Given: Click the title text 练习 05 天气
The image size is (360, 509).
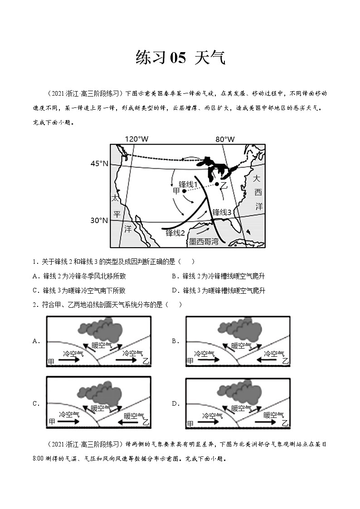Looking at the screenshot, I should [x=180, y=58].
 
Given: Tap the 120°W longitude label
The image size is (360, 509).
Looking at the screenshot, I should [x=137, y=139].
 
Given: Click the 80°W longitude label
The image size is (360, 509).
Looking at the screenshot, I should [x=225, y=139].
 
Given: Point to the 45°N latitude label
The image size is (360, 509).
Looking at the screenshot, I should [x=99, y=163].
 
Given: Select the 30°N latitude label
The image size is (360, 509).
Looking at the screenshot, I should [x=99, y=221].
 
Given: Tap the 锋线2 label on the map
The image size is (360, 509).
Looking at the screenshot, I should [x=175, y=233].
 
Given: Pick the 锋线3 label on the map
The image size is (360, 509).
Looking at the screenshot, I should [x=222, y=212].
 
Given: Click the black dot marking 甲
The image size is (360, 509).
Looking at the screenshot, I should [x=184, y=191].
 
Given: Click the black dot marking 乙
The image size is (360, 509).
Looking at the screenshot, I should [x=217, y=184].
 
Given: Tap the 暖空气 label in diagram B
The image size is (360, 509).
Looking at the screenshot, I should [x=241, y=345].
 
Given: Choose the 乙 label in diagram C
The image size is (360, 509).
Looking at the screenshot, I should [x=145, y=422].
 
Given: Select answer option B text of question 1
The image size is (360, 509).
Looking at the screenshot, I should [x=218, y=276].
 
